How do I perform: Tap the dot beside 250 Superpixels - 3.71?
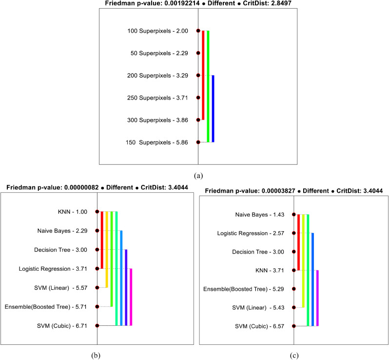(198, 98)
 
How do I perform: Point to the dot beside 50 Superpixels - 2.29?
(198, 53)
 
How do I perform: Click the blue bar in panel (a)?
(213, 108)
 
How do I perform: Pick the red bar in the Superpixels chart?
(203, 75)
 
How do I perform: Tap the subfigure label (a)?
(198, 175)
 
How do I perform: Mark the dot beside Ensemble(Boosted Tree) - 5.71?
(97, 307)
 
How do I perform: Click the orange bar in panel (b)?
(107, 249)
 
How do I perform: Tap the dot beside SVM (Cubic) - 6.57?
(294, 326)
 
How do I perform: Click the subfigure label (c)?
(294, 355)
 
